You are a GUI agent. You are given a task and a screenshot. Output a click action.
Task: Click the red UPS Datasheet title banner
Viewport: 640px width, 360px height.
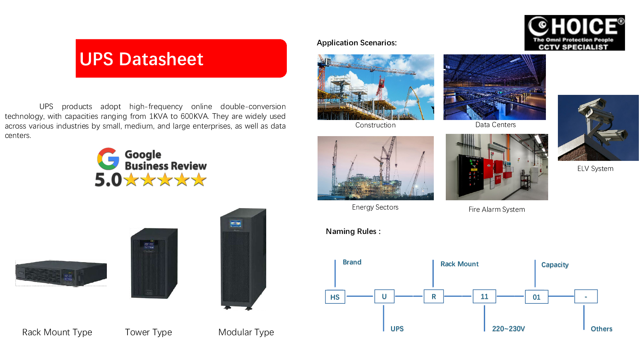[x=181, y=58]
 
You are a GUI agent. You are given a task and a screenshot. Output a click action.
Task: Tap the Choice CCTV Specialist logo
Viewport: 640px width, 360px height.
[x=574, y=33]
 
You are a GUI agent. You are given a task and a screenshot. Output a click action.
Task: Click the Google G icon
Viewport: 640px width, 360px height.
[x=108, y=159]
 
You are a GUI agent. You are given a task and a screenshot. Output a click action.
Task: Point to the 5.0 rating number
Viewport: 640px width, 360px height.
[x=108, y=180]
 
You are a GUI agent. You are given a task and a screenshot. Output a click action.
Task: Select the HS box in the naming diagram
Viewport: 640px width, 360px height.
[x=335, y=297]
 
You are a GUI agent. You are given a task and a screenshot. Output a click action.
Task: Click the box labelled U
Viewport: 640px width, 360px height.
[x=384, y=296]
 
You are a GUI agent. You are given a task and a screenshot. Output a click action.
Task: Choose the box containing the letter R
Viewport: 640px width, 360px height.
[x=434, y=296]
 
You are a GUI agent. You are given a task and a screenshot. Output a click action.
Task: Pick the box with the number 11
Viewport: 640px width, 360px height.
[x=484, y=296]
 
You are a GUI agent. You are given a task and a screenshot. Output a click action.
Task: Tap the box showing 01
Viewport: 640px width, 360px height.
[x=537, y=297]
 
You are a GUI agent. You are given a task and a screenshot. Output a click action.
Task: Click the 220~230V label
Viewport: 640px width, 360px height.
[x=508, y=329]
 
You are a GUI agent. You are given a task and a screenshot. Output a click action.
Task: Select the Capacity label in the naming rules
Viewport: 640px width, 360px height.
[x=555, y=265]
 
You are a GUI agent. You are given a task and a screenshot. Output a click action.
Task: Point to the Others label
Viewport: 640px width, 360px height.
[x=601, y=329]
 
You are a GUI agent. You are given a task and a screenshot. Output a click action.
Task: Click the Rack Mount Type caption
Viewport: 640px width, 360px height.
[x=57, y=332]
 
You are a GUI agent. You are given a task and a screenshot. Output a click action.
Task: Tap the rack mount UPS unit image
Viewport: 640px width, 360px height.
[x=61, y=273]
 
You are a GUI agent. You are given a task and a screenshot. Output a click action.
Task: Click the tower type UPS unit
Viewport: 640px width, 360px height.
[x=154, y=263]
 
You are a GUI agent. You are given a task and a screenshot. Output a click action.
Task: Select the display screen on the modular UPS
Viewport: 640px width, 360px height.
[x=235, y=224]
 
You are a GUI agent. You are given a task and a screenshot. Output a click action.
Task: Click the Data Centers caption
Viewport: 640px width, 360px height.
[x=495, y=125]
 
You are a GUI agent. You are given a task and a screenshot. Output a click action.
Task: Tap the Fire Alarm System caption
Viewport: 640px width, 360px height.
[x=496, y=210]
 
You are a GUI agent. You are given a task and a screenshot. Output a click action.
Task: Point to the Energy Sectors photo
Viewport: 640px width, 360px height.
[x=375, y=168]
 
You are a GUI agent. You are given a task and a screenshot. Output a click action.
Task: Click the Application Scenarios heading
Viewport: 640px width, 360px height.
[x=357, y=43]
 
